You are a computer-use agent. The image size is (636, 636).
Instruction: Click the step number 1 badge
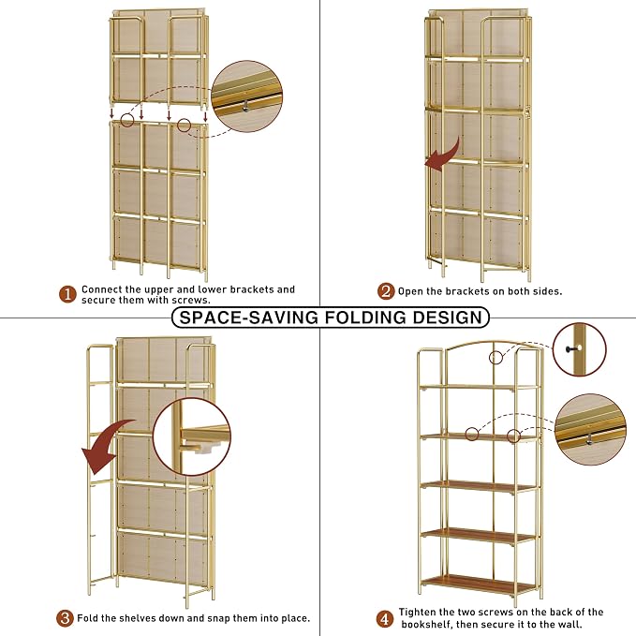67,294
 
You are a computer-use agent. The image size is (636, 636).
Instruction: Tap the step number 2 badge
386,291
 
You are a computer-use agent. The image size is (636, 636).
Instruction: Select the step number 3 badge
65,618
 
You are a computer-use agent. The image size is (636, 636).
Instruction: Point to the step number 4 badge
385,619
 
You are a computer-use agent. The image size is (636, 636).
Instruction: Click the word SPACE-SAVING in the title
248,318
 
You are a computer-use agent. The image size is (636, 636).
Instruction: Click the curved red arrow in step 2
444,155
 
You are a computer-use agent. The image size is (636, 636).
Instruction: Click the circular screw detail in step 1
247,96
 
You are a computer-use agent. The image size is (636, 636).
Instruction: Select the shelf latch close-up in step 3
192,436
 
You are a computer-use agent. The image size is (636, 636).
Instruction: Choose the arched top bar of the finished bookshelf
494,343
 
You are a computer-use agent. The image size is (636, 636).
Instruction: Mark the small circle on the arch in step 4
495,358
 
